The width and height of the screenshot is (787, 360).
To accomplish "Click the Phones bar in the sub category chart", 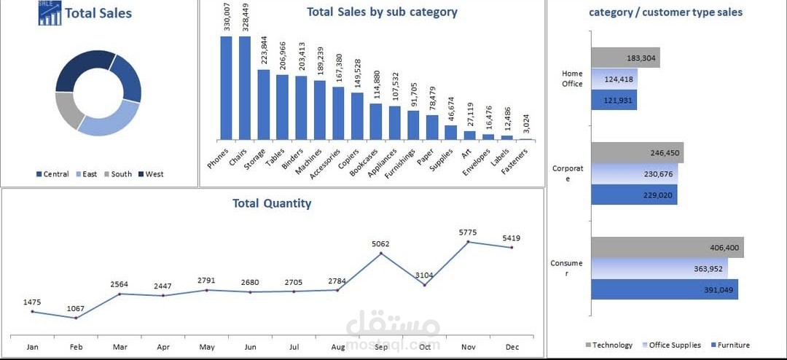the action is (x=226, y=88).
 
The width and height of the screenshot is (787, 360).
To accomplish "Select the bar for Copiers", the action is (x=357, y=117).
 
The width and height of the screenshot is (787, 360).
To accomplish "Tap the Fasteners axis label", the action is (x=517, y=163).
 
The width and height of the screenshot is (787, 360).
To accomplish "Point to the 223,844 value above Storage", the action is (x=265, y=52).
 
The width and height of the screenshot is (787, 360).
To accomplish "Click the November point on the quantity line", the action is (x=469, y=241).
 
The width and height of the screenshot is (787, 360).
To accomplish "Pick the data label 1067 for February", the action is (x=76, y=308).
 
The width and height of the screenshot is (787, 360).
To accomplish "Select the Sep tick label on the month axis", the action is (x=381, y=347).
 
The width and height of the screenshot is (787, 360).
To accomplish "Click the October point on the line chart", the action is (x=425, y=285).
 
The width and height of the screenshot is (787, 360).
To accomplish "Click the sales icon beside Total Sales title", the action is (x=50, y=12).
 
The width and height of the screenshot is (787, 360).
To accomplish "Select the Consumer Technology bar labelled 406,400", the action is (x=667, y=248).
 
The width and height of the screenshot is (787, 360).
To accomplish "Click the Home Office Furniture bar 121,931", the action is (x=614, y=100).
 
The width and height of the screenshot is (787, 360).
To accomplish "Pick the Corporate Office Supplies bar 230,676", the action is (x=635, y=173).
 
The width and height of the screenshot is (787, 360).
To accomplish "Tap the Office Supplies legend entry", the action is (x=672, y=345).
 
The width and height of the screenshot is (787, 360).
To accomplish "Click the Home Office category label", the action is (x=572, y=79).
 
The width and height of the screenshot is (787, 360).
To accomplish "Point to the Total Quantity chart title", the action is (x=272, y=203).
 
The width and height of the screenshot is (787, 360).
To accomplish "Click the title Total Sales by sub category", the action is (x=382, y=12).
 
